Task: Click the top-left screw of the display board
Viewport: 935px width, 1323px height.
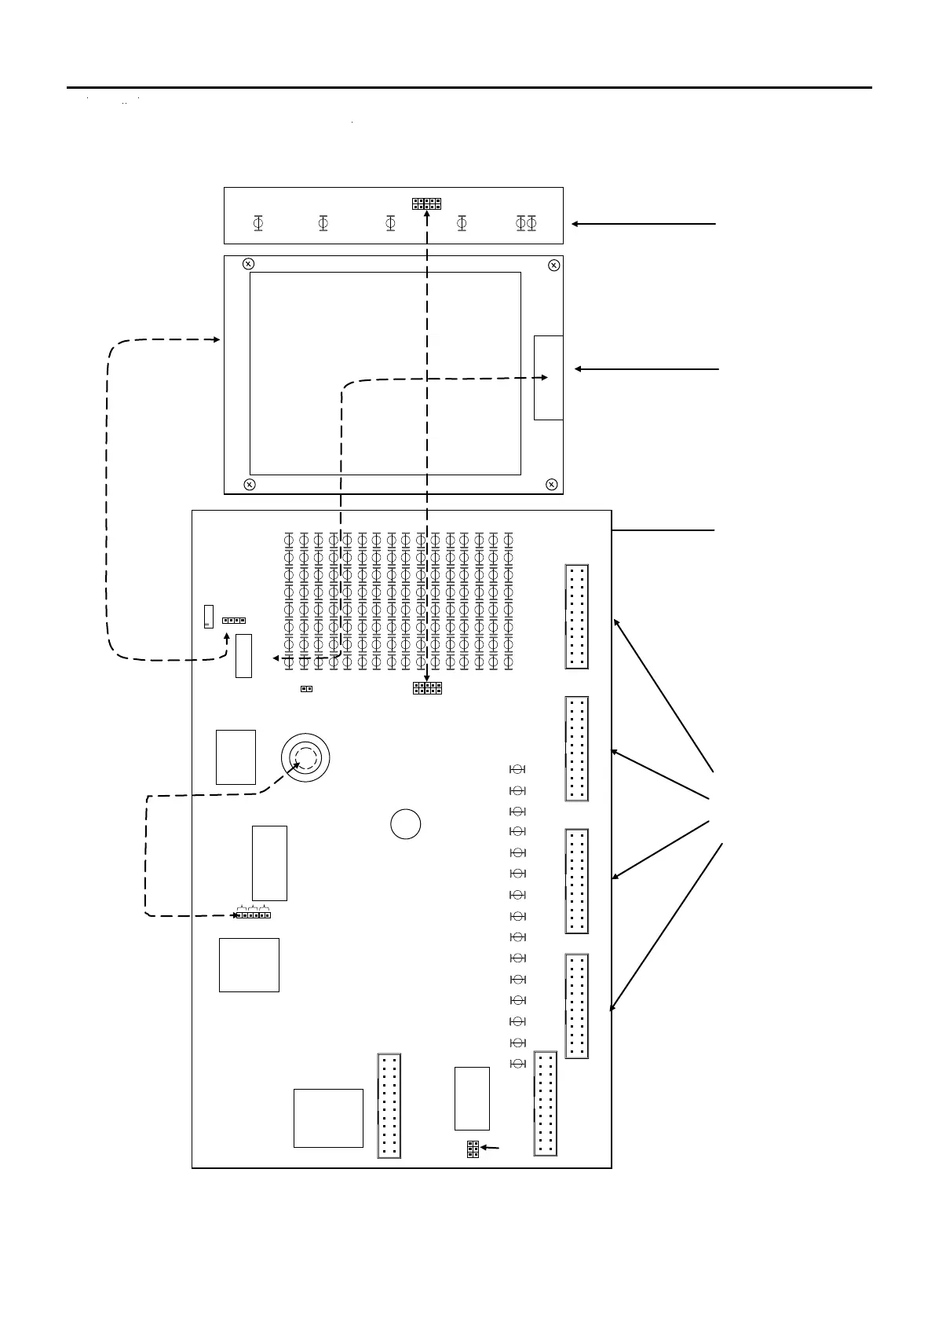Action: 248,264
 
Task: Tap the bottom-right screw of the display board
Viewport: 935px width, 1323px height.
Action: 552,484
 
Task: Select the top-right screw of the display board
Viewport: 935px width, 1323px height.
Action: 553,264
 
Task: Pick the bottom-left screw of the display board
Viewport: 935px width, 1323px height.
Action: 249,484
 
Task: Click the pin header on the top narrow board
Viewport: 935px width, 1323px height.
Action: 426,203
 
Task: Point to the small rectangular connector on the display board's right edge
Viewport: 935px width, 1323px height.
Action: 548,377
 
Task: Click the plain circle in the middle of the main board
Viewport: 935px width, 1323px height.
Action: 405,824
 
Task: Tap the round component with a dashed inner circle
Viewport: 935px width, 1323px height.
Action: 305,757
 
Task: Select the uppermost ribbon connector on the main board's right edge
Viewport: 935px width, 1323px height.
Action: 577,617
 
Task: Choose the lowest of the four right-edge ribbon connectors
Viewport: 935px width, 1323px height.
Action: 577,1006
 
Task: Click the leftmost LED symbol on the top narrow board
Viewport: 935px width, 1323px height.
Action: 257,224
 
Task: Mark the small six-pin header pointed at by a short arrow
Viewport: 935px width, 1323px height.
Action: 473,1149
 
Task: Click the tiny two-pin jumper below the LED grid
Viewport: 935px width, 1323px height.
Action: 307,690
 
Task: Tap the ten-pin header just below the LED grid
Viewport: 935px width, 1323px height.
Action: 427,688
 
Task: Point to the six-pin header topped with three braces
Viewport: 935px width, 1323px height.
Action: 254,914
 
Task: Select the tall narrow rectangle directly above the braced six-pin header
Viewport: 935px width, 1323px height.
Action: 269,863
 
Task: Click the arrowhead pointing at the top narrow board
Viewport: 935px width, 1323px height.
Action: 575,224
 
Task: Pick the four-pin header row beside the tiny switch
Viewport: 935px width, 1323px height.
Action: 234,620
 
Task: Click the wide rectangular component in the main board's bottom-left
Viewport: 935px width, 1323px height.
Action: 328,1118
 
